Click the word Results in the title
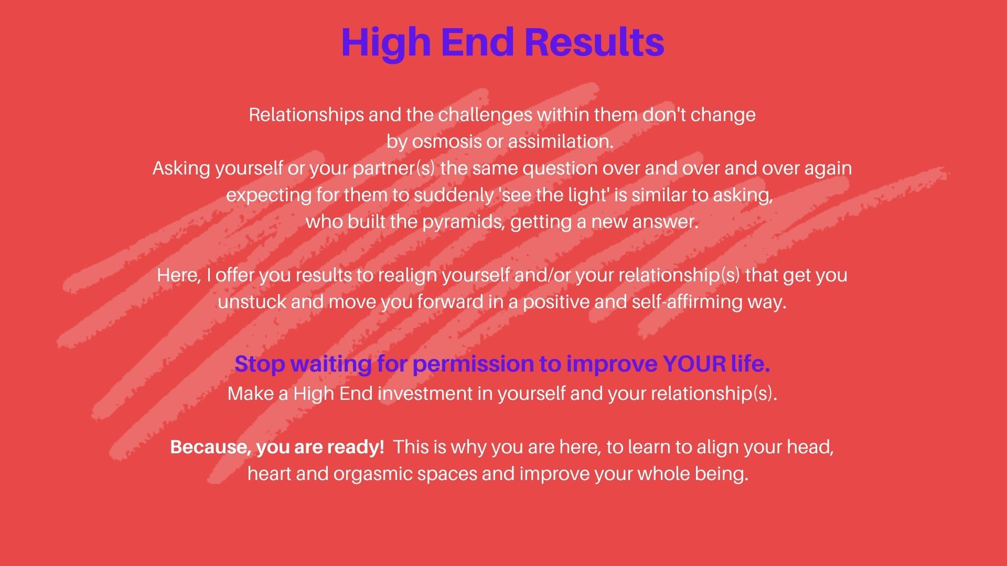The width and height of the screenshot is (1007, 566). (x=594, y=41)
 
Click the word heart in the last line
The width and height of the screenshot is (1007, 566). (x=269, y=474)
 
